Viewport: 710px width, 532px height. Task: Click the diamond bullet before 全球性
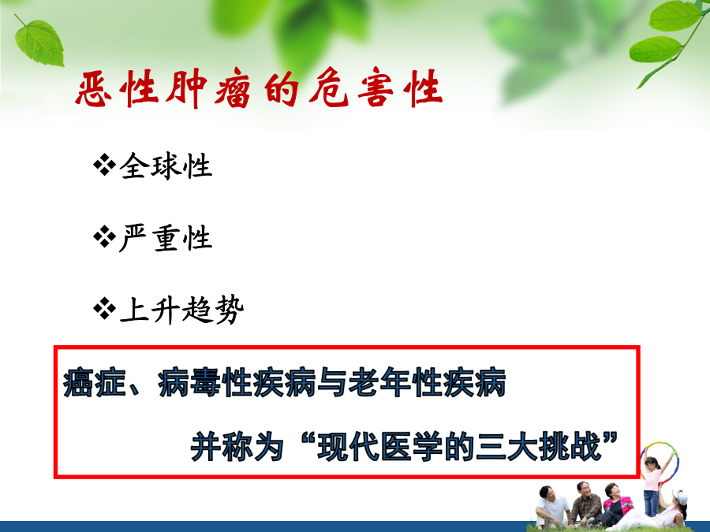(104, 165)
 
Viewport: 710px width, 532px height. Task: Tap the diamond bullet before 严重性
(104, 237)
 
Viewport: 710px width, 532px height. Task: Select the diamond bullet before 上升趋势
(104, 309)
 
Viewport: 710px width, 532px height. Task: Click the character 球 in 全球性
(166, 166)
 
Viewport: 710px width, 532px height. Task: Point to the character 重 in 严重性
(166, 238)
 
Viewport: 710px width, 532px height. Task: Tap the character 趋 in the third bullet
(197, 311)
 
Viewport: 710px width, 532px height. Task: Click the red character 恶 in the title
(94, 88)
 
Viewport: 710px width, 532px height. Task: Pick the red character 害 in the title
(375, 87)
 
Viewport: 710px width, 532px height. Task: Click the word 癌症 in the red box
(95, 383)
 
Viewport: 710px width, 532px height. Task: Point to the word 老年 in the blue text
(379, 383)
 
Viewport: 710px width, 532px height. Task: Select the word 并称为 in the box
(237, 446)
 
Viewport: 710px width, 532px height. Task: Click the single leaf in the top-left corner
(39, 42)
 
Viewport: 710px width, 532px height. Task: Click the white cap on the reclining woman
(678, 496)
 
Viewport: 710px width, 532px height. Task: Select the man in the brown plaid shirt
(585, 503)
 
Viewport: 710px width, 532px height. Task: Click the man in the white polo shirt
(551, 507)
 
